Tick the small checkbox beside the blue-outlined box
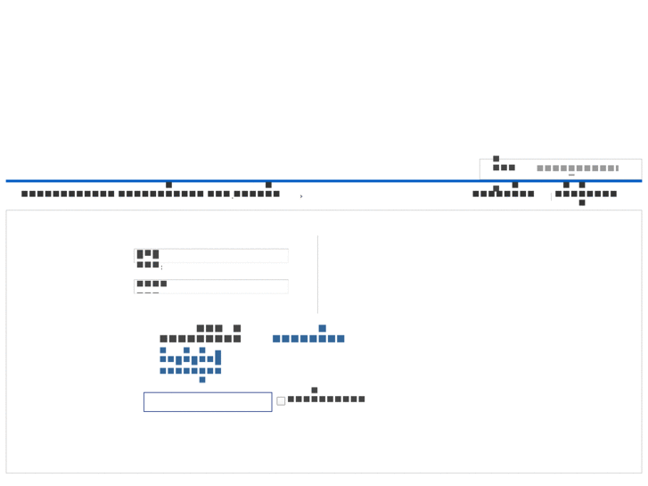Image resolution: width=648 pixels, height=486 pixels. click(281, 401)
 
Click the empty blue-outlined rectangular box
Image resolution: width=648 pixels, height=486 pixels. click(208, 402)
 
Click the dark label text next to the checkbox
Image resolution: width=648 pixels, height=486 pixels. click(326, 399)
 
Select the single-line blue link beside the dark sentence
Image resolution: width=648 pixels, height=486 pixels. click(308, 338)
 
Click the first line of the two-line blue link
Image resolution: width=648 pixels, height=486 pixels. click(191, 358)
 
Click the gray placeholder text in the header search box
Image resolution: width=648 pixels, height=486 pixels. click(577, 169)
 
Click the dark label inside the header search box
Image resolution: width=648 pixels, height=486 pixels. click(504, 167)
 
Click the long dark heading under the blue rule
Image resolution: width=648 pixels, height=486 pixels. click(150, 194)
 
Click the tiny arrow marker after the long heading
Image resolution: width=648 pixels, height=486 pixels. click(301, 196)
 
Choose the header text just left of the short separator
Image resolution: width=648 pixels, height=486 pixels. click(504, 194)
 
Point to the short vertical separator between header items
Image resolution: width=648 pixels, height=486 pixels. click(551, 195)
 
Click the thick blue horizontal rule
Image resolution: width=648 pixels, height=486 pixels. click(324, 181)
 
